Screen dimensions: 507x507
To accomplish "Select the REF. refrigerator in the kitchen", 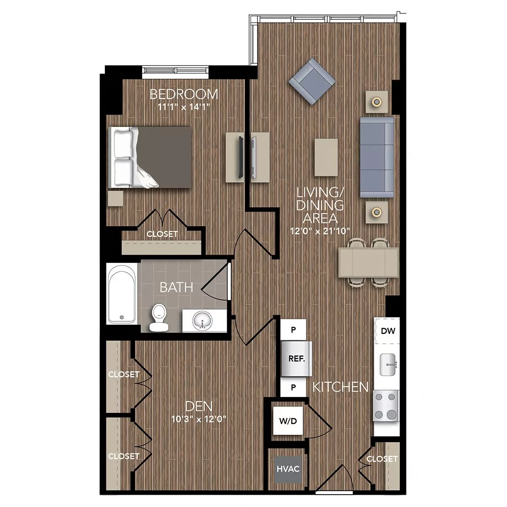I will point(296,358).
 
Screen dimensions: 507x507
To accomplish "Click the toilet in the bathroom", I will point(159,317).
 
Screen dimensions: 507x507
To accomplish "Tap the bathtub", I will point(122,294).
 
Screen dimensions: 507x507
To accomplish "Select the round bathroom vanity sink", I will point(202,321).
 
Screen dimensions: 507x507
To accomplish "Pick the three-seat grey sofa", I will point(377,156).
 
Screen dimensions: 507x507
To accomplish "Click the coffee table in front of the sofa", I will point(326,156).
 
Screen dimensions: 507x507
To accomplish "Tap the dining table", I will point(368,262).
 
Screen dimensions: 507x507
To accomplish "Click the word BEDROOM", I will point(184,94).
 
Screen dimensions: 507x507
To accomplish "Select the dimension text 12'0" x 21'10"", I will point(320,230).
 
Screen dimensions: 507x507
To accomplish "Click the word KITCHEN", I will point(340,387).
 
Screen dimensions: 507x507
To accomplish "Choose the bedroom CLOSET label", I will point(162,234).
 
